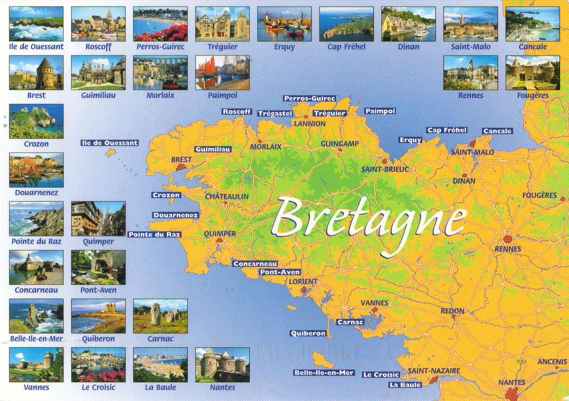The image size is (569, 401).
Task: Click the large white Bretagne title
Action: click(x=368, y=220)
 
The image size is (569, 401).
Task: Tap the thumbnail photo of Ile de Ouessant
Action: click(x=36, y=24)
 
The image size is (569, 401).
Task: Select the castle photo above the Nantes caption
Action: click(x=222, y=364)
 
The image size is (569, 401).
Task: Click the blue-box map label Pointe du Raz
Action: click(x=154, y=234)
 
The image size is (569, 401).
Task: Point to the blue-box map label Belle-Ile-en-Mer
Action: click(x=324, y=373)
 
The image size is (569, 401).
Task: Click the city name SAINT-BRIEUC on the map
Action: click(x=385, y=169)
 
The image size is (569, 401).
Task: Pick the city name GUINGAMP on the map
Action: click(x=340, y=143)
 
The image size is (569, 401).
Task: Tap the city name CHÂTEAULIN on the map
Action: click(x=227, y=197)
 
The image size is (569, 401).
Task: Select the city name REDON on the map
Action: click(x=452, y=311)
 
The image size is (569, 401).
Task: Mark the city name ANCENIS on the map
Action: click(x=552, y=362)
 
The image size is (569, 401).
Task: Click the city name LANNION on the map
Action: click(x=310, y=123)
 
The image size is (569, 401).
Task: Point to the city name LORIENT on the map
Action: click(x=303, y=282)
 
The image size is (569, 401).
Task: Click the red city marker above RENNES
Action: click(x=507, y=239)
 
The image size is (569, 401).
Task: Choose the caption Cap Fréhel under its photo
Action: click(x=346, y=47)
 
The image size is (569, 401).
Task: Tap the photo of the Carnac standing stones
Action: click(x=160, y=316)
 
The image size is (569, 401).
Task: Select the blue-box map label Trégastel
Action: click(x=275, y=113)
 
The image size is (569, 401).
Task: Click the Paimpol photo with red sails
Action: click(x=222, y=73)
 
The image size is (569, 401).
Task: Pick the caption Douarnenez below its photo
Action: click(x=36, y=193)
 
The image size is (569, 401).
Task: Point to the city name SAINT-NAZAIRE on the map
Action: click(x=434, y=370)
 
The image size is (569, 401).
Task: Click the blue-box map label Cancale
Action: click(x=497, y=131)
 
